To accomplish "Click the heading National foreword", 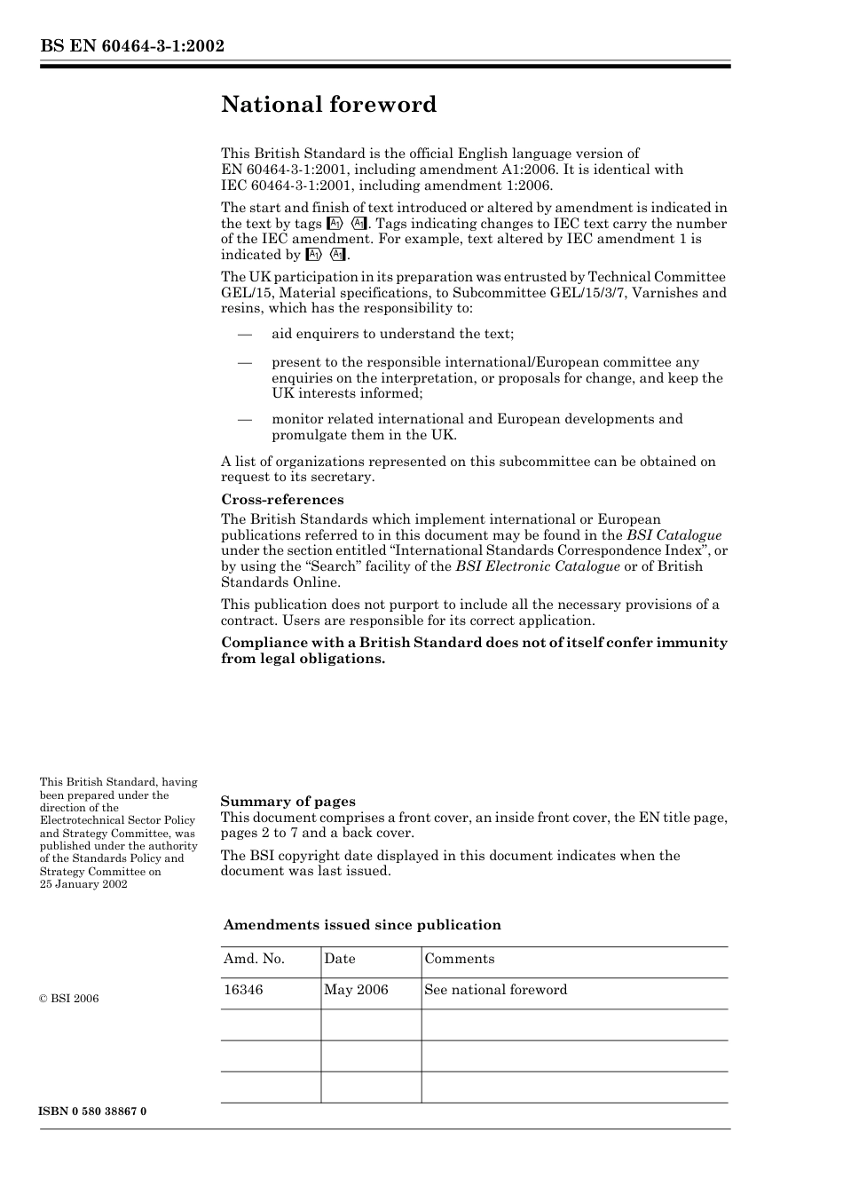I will pyautogui.click(x=328, y=105).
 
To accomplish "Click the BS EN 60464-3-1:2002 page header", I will pyautogui.click(x=131, y=46).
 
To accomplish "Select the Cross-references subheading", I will pyautogui.click(x=282, y=499).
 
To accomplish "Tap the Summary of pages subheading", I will pyautogui.click(x=288, y=801).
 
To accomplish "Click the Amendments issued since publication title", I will pyautogui.click(x=362, y=925).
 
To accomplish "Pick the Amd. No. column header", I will pyautogui.click(x=254, y=959).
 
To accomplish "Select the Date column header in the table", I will pyautogui.click(x=339, y=959).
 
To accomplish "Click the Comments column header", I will pyautogui.click(x=459, y=959).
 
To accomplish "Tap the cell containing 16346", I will pyautogui.click(x=243, y=990).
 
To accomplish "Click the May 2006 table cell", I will pyautogui.click(x=356, y=990).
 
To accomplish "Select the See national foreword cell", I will pyautogui.click(x=495, y=990).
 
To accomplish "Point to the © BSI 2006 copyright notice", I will pyautogui.click(x=69, y=999).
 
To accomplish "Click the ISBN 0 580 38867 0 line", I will pyautogui.click(x=93, y=1111).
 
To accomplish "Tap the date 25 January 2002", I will pyautogui.click(x=83, y=884).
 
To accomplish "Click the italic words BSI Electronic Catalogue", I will pyautogui.click(x=538, y=566).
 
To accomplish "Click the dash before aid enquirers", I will pyautogui.click(x=244, y=335).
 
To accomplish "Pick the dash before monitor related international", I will pyautogui.click(x=244, y=419).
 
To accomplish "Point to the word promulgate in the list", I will pyautogui.click(x=307, y=435).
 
